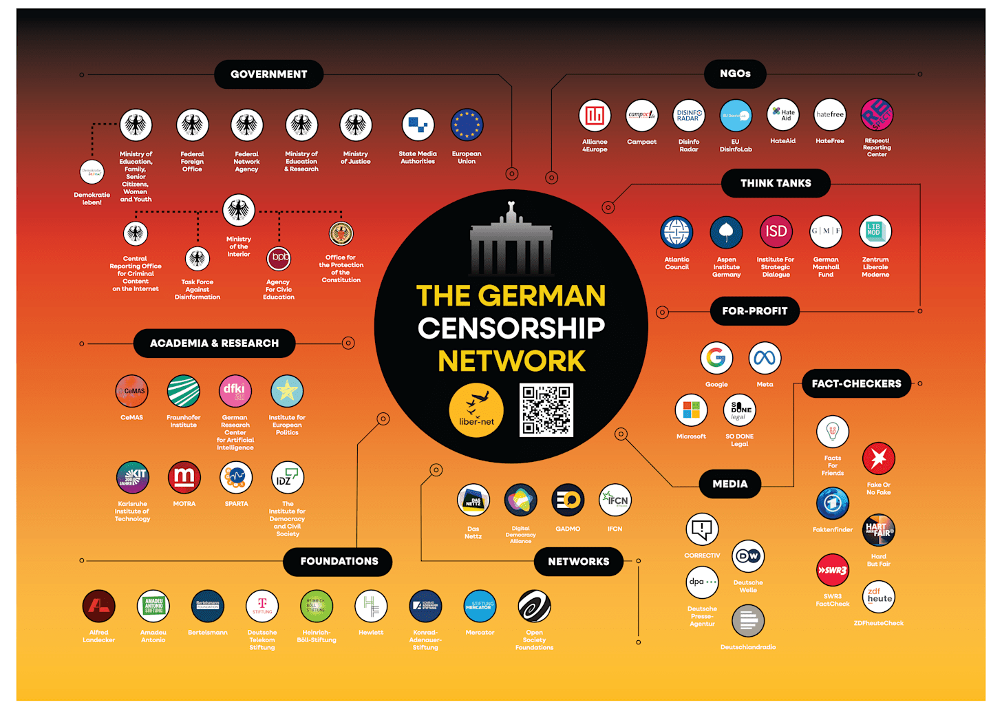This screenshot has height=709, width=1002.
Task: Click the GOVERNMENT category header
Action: coord(268,74)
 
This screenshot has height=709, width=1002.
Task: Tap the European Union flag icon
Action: coord(467,125)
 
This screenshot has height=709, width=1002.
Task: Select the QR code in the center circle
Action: coord(546,410)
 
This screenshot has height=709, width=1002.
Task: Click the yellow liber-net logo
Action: coord(476,410)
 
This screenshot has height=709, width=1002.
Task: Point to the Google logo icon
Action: coord(716,358)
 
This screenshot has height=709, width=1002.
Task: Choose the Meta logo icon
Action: coord(765,358)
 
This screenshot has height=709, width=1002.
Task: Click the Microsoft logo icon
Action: coord(691,410)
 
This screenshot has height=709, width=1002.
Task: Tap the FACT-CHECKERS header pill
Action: coord(856,384)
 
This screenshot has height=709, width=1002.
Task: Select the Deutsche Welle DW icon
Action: coord(748,556)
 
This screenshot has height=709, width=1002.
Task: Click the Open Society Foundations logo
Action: coord(534,606)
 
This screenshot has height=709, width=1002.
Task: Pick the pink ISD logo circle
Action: coord(776,232)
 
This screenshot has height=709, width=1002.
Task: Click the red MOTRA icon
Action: coord(184,477)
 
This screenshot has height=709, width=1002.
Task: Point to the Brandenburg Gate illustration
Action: coord(511,241)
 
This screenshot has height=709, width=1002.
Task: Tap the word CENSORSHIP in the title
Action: coord(511,328)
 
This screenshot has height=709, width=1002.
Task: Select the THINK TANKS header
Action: coord(776,183)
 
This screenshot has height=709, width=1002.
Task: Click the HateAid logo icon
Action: coord(782,115)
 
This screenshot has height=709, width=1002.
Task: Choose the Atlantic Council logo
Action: coord(676,232)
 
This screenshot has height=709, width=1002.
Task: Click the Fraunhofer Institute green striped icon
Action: coord(184,391)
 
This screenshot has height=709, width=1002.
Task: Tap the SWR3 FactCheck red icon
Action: coord(833,570)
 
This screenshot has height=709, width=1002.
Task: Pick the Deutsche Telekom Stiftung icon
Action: coord(262,606)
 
